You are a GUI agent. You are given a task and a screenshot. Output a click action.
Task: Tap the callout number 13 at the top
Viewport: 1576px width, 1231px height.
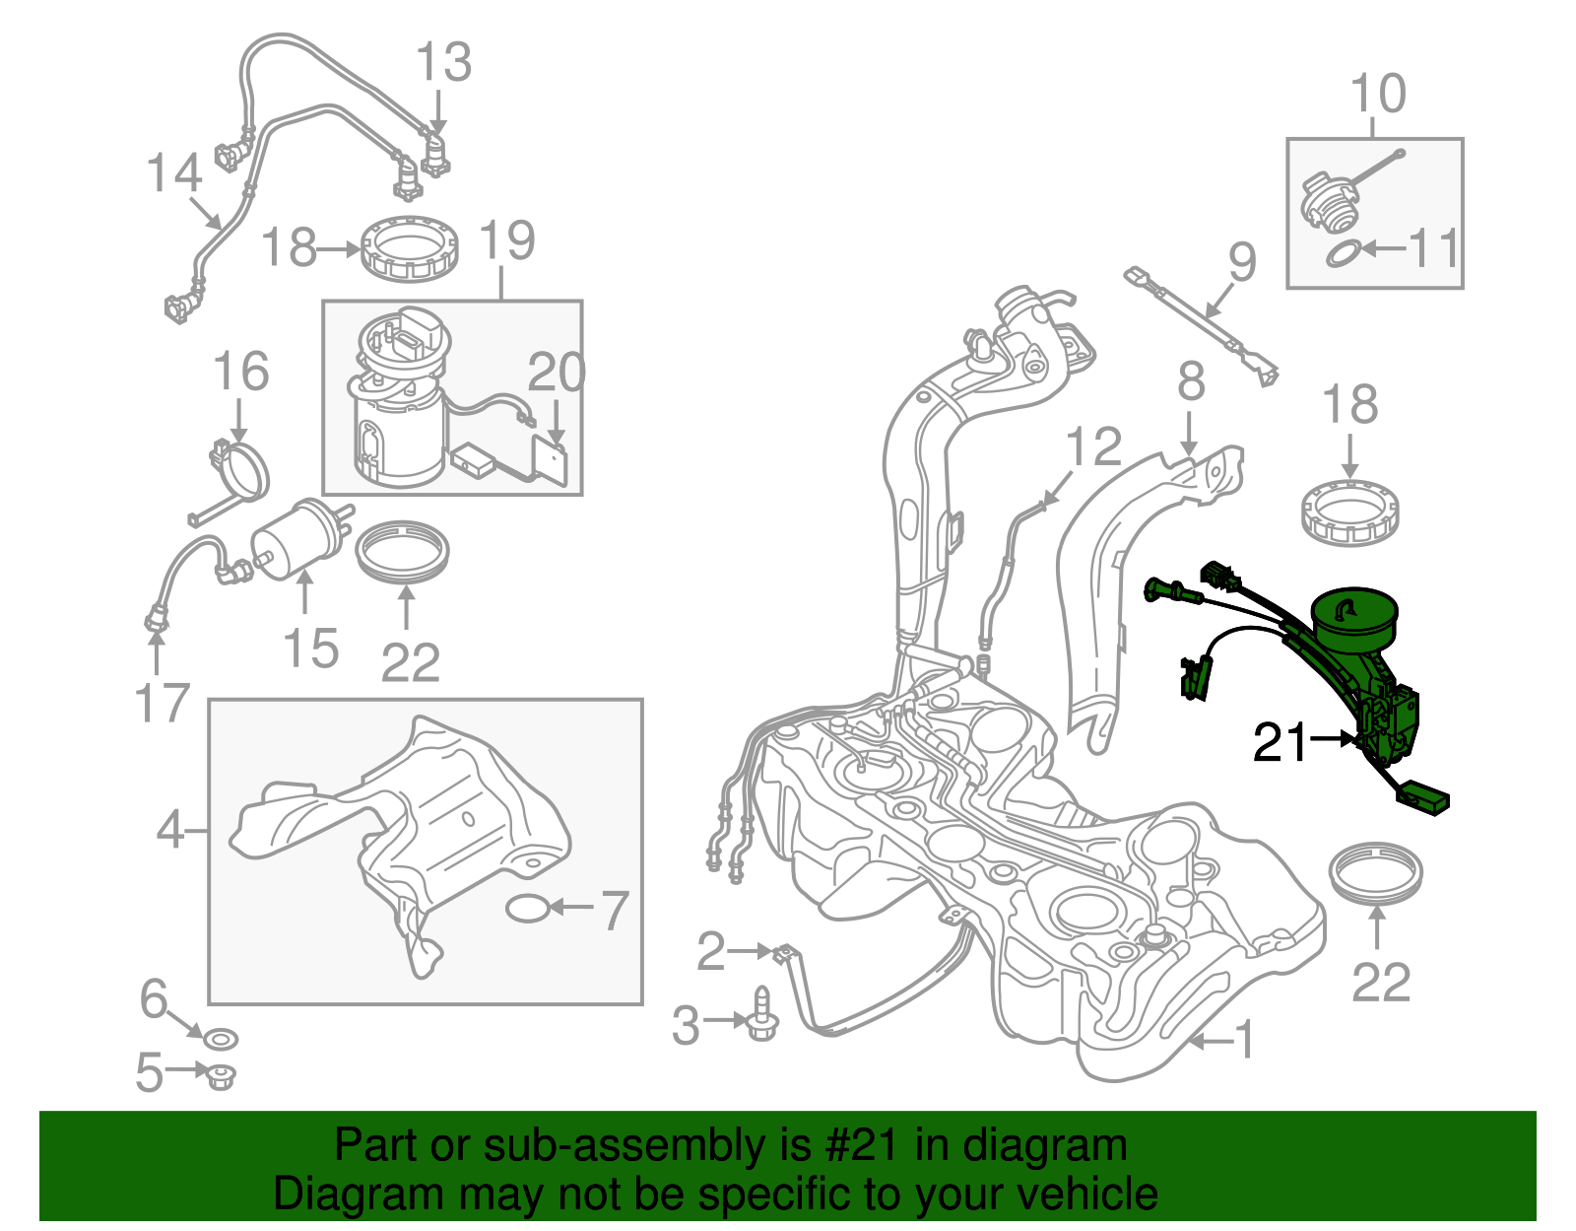pyautogui.click(x=444, y=63)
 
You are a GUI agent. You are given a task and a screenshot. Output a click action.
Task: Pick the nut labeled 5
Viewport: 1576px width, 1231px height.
pyautogui.click(x=218, y=1074)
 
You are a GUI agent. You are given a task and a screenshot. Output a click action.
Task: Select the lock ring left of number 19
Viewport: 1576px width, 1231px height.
pyautogui.click(x=409, y=248)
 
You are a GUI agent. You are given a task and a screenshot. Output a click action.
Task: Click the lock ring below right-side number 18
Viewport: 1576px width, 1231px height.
pyautogui.click(x=1349, y=512)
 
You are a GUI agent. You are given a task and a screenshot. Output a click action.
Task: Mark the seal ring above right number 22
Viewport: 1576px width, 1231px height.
pyautogui.click(x=1376, y=871)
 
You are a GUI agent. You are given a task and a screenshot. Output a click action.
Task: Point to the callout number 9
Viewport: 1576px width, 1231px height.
pyautogui.click(x=1242, y=262)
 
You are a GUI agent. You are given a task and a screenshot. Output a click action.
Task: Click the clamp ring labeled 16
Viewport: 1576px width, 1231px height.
pyautogui.click(x=241, y=470)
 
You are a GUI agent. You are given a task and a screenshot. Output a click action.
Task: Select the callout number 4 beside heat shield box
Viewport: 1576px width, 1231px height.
pyautogui.click(x=170, y=830)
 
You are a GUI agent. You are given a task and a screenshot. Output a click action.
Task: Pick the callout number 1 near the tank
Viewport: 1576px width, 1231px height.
pyautogui.click(x=1245, y=1040)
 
